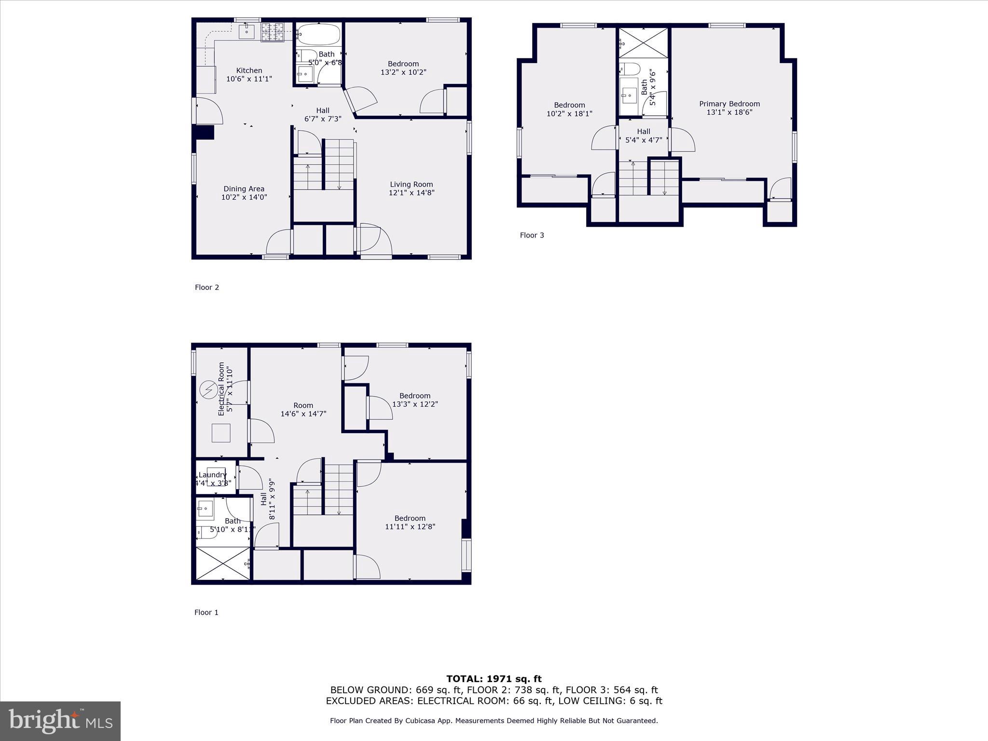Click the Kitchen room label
click(249, 70)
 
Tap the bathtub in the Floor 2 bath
click(318, 35)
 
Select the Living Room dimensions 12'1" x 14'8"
click(411, 193)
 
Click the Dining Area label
click(244, 189)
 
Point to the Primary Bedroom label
click(729, 104)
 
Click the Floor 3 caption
click(532, 235)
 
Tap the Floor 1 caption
click(206, 613)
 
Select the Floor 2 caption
click(207, 288)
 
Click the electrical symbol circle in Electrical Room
click(209, 390)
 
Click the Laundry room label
click(212, 475)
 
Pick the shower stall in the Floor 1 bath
click(223, 563)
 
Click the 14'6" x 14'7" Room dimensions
click(303, 414)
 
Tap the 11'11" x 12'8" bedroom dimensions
click(410, 527)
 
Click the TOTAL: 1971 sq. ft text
click(494, 679)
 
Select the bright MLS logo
click(60, 721)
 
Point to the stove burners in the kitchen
click(273, 32)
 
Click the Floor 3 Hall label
click(644, 131)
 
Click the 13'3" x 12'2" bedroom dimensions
click(415, 404)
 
